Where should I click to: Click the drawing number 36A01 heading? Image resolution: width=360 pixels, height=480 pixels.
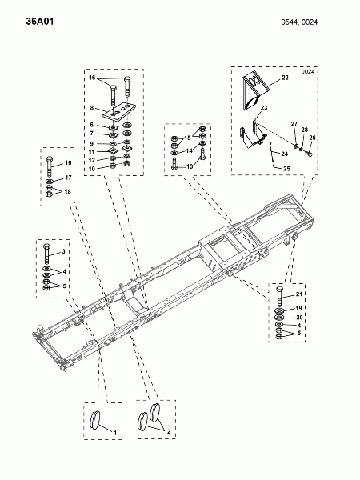[x=40, y=22]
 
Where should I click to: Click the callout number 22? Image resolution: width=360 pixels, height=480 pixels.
[x=285, y=78]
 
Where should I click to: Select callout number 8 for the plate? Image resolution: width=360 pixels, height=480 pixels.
[x=92, y=108]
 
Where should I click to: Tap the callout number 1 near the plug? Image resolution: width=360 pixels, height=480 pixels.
[x=115, y=433]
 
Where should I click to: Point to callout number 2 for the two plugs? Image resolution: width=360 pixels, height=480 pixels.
[x=168, y=432]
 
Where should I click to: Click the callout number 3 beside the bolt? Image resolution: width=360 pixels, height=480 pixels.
[x=63, y=252]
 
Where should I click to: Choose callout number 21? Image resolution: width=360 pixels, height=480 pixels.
[x=299, y=294]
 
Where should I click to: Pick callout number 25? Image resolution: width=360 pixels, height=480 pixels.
[x=286, y=168]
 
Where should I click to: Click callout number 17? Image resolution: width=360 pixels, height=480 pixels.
[x=68, y=178]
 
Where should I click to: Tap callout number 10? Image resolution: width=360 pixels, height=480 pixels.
[x=92, y=169]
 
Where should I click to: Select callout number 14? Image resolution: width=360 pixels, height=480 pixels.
[x=189, y=151]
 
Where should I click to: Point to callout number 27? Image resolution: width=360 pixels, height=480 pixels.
[x=294, y=124]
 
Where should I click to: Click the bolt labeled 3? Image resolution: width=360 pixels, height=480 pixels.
[x=47, y=254]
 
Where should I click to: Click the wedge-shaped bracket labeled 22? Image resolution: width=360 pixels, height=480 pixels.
[x=256, y=90]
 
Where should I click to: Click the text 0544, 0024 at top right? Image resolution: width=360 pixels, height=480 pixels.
[x=299, y=22]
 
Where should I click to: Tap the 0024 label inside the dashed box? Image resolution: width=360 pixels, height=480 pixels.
[x=308, y=72]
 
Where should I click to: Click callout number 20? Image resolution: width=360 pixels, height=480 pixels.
[x=299, y=318]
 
